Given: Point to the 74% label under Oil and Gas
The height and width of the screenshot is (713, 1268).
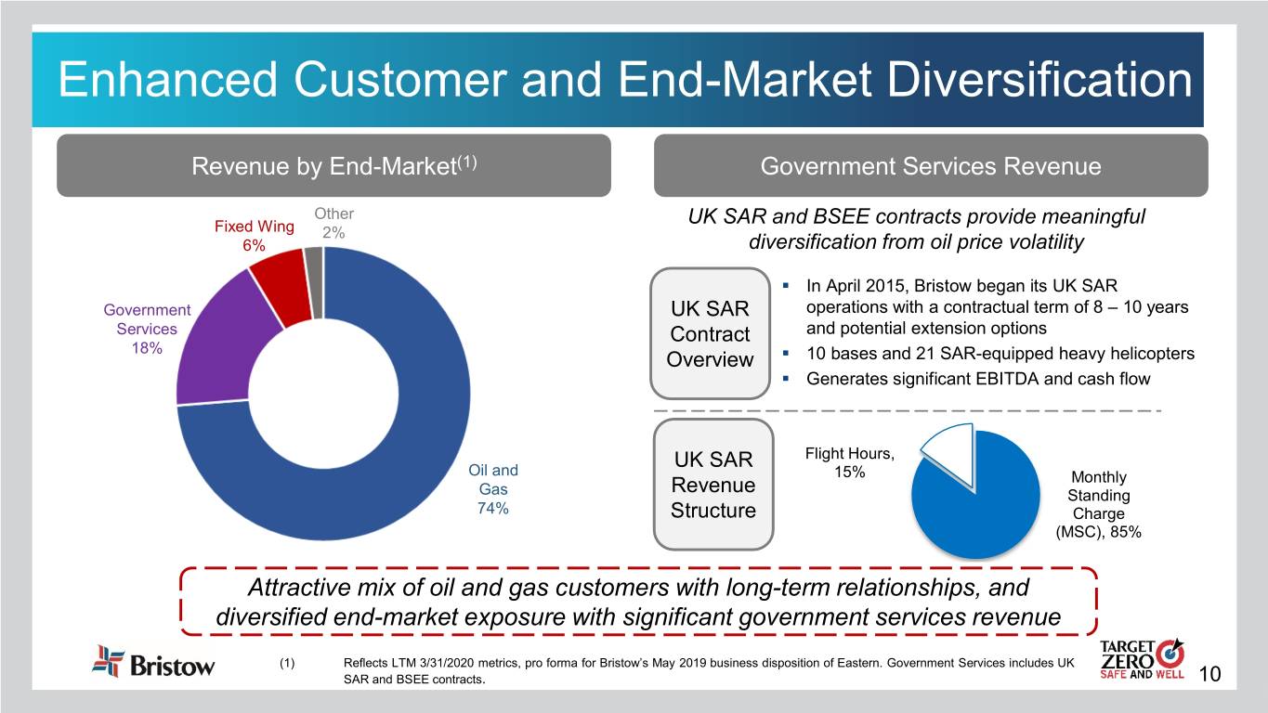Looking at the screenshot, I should pos(492,509).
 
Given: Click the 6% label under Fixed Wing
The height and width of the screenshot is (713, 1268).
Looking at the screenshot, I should pos(254,246).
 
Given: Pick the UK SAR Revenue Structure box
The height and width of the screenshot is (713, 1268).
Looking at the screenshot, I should pos(713,485).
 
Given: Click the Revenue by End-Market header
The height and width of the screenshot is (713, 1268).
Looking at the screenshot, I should pos(333,166).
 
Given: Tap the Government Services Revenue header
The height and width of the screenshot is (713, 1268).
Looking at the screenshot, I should pos(930,166).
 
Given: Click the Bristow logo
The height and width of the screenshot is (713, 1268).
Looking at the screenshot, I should pos(153,664).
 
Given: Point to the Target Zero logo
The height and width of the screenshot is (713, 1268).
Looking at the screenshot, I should pos(1140,661).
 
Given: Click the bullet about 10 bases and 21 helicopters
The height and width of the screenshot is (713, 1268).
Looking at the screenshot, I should pos(1000,354).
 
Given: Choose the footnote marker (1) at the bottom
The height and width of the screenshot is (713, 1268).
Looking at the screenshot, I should pos(288,663).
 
